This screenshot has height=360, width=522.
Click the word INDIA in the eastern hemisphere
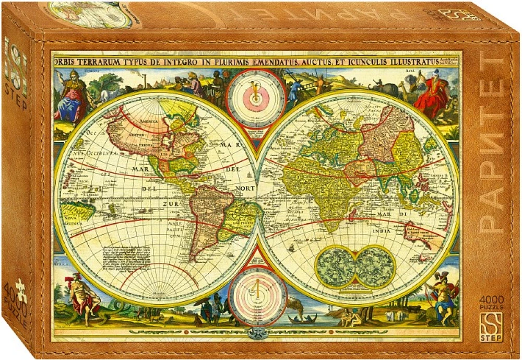381,230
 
